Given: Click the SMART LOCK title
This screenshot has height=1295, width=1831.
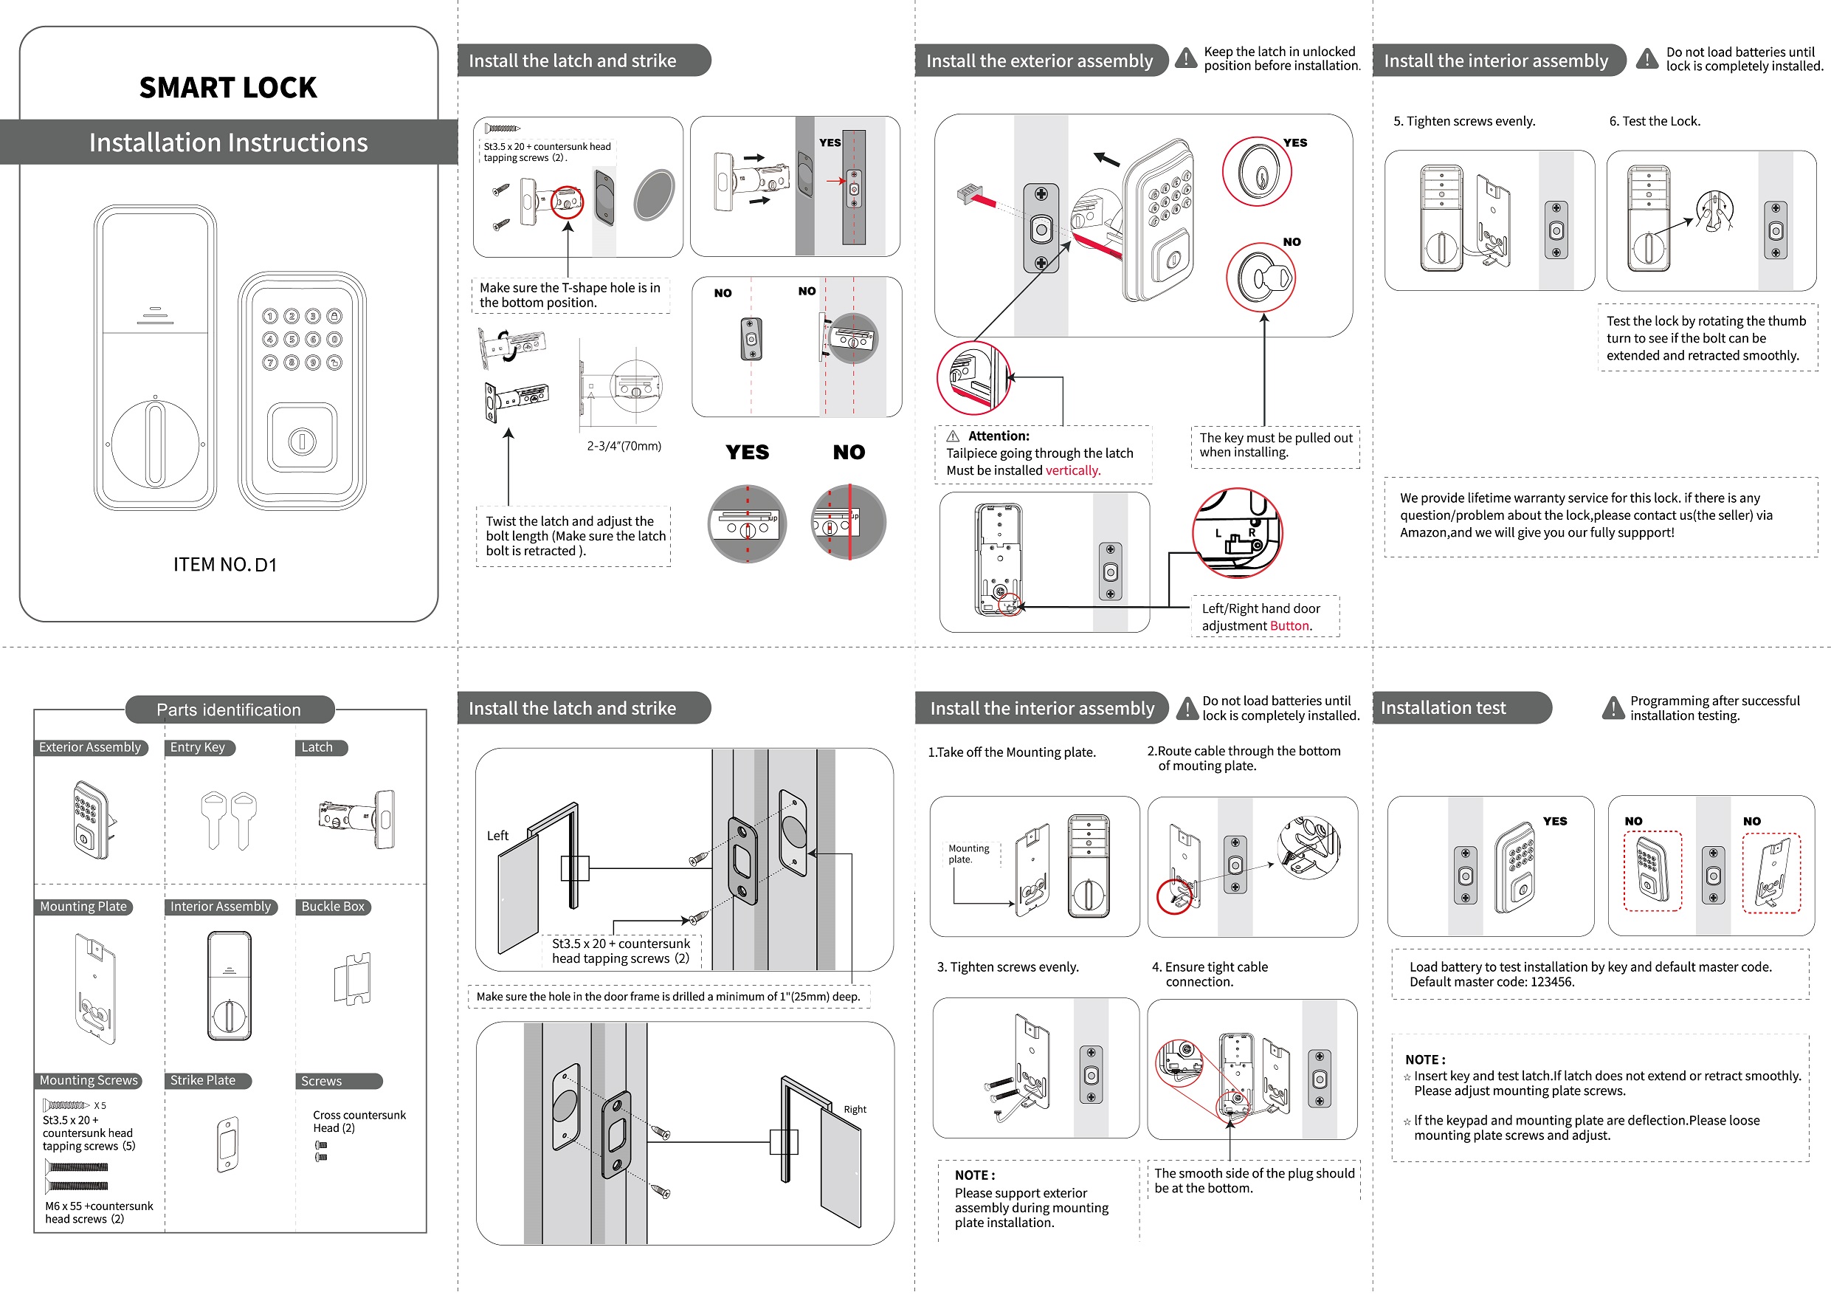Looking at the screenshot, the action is [228, 87].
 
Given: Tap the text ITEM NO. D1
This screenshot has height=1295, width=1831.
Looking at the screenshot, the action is [225, 565].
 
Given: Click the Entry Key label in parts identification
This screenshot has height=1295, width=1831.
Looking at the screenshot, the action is [198, 748].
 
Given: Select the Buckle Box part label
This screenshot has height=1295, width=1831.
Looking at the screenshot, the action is [333, 907].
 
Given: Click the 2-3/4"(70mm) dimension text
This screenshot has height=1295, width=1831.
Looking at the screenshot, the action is [624, 446].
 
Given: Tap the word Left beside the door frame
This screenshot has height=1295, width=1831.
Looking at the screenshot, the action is [497, 836].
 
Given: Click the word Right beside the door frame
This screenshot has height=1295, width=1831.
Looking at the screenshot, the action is [855, 1109].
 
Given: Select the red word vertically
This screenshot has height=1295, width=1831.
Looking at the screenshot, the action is [1072, 471].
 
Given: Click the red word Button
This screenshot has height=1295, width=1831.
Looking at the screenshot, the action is [1290, 626].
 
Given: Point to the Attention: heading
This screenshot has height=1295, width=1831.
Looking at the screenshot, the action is [999, 436].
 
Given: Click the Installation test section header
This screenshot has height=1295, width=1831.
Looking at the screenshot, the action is [1443, 708].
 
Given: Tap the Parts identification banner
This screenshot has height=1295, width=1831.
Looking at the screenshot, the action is [229, 710].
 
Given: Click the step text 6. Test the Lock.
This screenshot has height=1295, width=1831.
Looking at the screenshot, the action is [1655, 121].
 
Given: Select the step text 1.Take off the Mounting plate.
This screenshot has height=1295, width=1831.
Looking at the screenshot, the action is [1011, 752].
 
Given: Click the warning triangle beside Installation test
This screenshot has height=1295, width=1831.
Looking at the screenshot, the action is [1613, 708].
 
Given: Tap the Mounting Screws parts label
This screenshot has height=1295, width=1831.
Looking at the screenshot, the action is [89, 1080].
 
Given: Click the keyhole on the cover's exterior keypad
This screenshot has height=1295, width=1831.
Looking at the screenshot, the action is [301, 441].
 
